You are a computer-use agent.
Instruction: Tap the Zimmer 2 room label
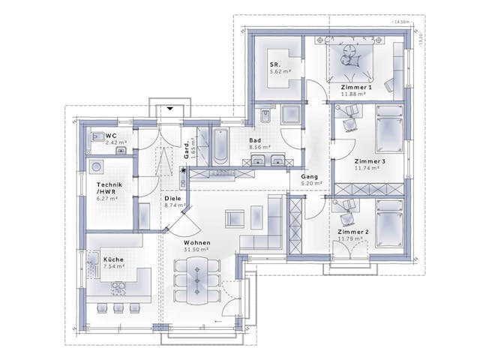(352, 233)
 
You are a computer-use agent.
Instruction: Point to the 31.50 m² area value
(196, 250)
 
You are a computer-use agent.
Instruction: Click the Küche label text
(113, 259)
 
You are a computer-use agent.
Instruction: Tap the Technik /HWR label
(109, 188)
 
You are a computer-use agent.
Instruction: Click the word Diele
(172, 199)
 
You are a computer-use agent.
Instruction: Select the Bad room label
(256, 140)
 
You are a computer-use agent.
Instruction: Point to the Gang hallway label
(310, 176)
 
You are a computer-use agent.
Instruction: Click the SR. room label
(275, 65)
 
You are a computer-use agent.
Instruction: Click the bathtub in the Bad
(219, 146)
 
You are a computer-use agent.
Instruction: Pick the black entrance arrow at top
(170, 109)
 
